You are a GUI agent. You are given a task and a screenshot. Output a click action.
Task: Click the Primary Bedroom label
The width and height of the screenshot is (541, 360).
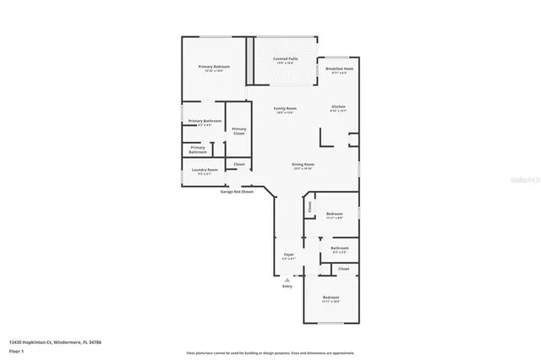[214, 66]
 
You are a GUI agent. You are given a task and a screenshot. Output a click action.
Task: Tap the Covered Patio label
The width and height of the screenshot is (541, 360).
[285, 59]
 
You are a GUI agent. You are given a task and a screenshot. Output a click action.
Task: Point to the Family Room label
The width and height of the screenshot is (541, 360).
[285, 108]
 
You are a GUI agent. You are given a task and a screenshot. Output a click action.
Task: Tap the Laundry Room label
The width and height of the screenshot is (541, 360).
[205, 171]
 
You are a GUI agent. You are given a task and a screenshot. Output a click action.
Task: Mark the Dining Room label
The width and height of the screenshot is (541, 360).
[303, 164]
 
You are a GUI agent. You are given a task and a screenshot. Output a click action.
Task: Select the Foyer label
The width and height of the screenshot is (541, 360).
[288, 254]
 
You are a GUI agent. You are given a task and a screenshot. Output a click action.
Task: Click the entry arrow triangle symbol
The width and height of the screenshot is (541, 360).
[287, 279]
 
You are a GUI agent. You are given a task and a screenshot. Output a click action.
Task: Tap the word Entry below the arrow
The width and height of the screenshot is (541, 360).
[287, 286]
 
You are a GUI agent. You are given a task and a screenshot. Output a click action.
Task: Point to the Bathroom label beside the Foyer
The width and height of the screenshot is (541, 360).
[340, 248]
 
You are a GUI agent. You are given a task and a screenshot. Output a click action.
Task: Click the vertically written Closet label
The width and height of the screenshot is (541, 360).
[309, 205]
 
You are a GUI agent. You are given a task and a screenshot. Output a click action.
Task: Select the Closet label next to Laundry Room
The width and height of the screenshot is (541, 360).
[239, 164]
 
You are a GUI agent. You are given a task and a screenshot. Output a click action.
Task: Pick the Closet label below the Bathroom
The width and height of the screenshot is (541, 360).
[343, 269]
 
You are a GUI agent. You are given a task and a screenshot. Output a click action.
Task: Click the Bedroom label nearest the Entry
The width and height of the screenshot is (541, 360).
[331, 297]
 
